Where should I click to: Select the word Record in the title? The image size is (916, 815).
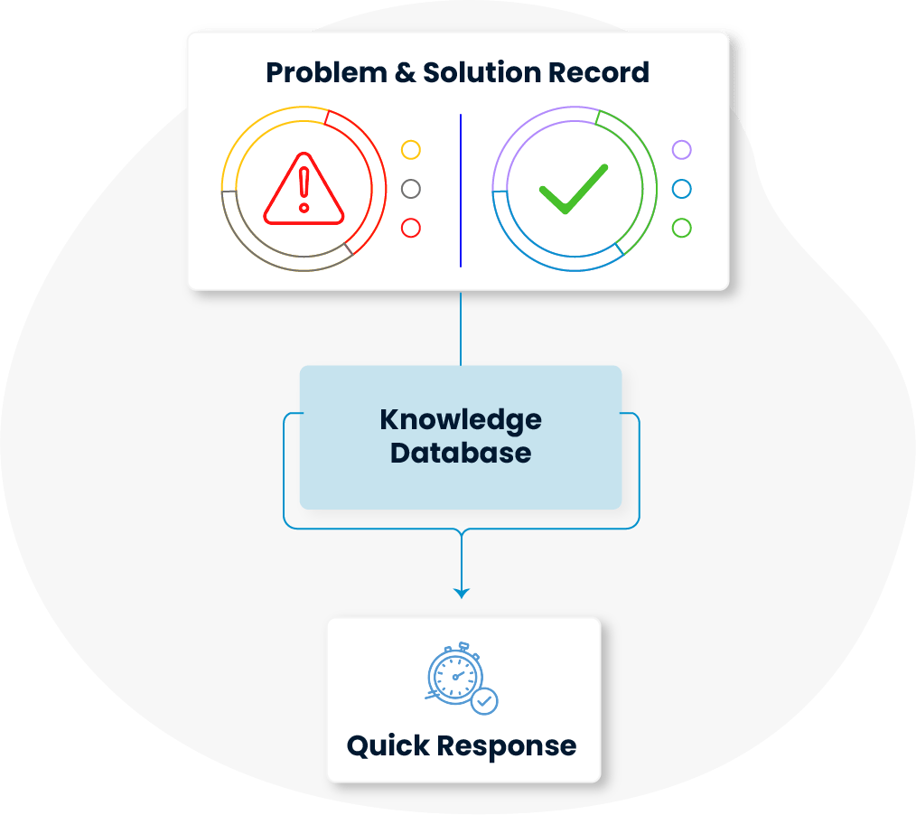[608, 72]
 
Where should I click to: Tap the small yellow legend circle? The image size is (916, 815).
[411, 150]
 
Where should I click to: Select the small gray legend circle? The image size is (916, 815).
[411, 189]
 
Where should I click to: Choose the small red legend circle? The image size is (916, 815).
[411, 228]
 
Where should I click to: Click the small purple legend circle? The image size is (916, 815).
[682, 150]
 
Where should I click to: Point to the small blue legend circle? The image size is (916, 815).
[682, 189]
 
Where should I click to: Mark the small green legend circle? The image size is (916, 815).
[682, 228]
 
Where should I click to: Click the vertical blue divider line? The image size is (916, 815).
[461, 190]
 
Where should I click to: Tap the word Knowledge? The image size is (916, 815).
[461, 420]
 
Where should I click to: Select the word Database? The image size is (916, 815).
[461, 453]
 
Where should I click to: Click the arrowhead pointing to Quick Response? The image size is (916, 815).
[462, 593]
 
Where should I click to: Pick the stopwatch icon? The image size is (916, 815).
[455, 674]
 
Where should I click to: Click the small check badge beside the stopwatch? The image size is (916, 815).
[486, 701]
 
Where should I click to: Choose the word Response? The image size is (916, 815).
[507, 746]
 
